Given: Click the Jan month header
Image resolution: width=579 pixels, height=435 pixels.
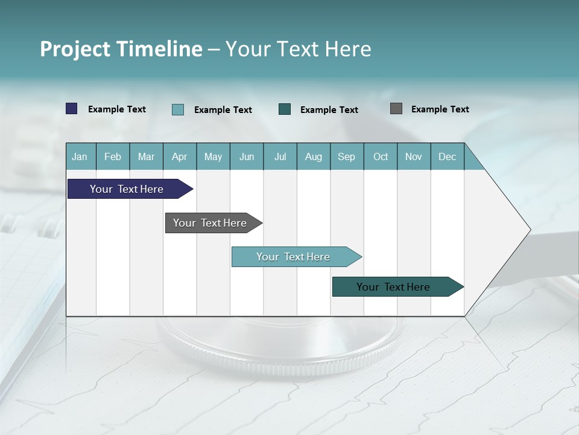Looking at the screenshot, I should [x=80, y=156].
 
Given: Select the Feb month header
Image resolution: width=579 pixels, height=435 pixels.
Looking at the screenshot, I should [x=113, y=156].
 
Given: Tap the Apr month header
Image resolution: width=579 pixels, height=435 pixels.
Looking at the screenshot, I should [x=180, y=156].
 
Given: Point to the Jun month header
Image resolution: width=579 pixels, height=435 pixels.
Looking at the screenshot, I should [x=247, y=156].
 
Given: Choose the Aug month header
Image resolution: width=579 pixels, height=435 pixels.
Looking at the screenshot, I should [x=314, y=156].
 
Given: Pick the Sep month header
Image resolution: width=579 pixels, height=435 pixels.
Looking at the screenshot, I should [x=347, y=156].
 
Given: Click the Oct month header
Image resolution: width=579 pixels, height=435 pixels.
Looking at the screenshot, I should [x=381, y=156].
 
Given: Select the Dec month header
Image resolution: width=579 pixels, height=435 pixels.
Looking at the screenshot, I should [x=448, y=156].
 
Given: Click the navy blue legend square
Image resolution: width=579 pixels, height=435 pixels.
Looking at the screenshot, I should [x=72, y=109].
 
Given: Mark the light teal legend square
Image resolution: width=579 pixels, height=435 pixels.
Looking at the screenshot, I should [x=178, y=109].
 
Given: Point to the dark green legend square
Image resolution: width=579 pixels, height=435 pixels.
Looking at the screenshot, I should [x=285, y=109].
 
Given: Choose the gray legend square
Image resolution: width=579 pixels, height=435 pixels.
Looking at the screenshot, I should [x=396, y=109].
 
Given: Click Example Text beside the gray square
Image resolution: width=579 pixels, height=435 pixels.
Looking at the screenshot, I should [x=440, y=109].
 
